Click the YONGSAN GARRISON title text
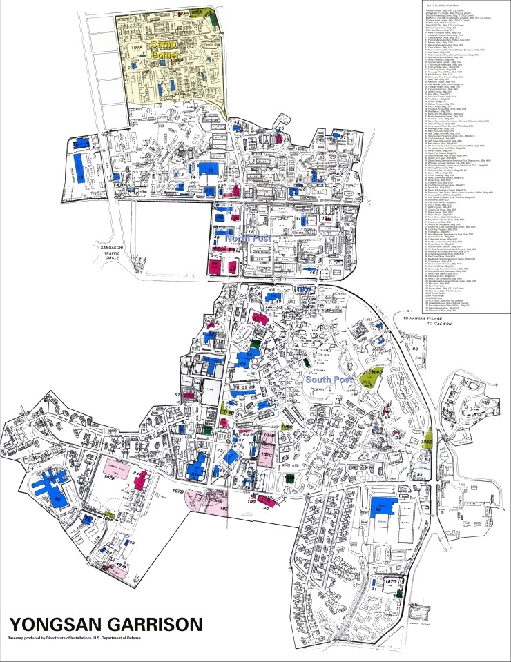click(106, 624)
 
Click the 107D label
click(178, 491)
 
